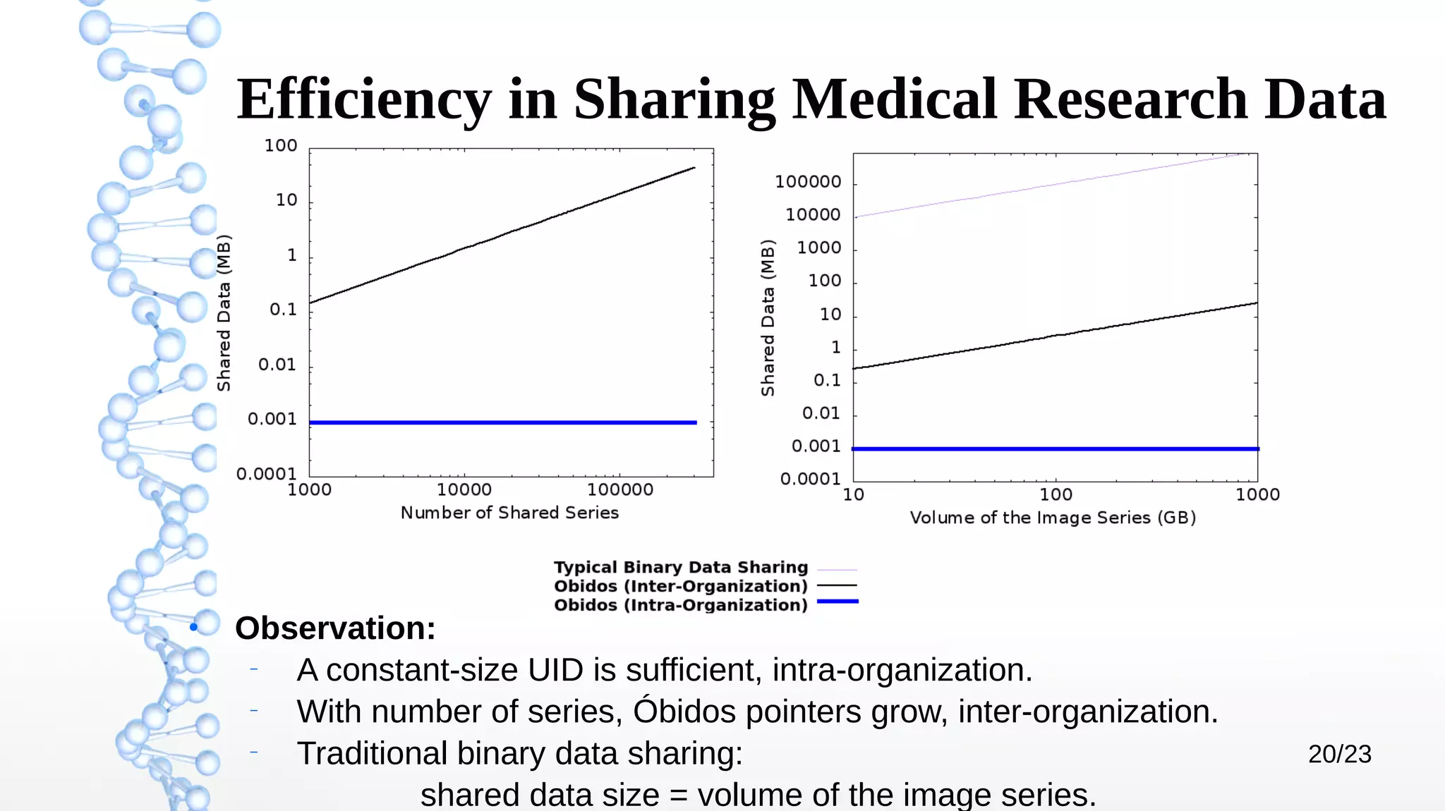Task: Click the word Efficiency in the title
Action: click(x=363, y=100)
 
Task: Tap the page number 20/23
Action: click(x=1339, y=754)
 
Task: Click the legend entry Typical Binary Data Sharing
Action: click(x=680, y=568)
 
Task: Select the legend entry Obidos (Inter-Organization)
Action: click(x=680, y=586)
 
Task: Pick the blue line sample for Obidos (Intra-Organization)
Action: click(x=838, y=602)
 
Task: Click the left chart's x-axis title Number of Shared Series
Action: click(x=509, y=513)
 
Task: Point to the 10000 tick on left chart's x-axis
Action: click(x=464, y=489)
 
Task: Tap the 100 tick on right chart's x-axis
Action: click(x=1056, y=494)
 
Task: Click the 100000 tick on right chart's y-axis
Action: click(x=808, y=182)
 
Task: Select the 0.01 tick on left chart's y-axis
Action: click(x=277, y=365)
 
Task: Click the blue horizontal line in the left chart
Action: click(x=502, y=422)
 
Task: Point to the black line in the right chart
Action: click(x=1056, y=336)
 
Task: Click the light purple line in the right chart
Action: click(x=1056, y=185)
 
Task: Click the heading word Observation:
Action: click(x=335, y=628)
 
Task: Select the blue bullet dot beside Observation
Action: click(x=193, y=627)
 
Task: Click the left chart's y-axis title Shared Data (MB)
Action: click(x=224, y=313)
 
